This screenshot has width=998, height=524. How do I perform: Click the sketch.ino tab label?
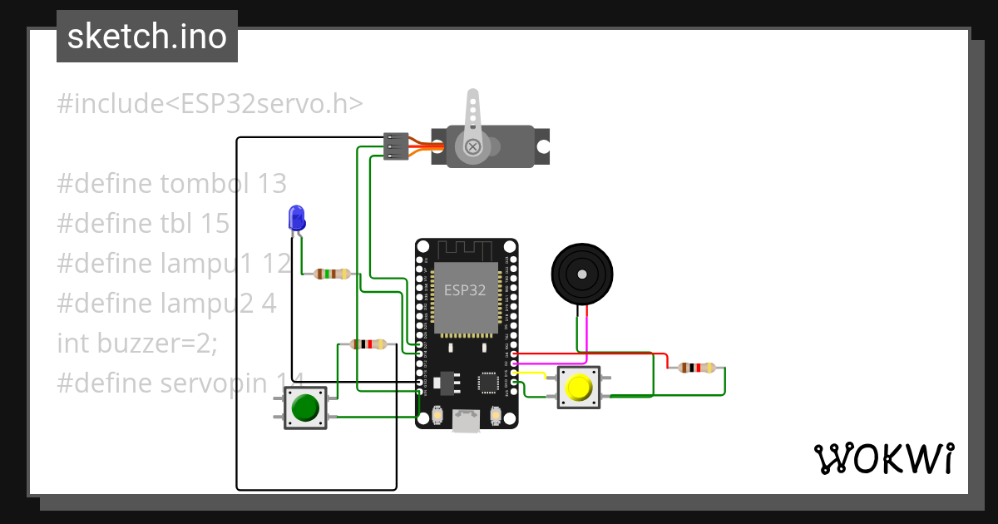146,37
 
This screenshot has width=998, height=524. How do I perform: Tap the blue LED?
296,218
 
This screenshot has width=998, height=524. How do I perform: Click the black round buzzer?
582,274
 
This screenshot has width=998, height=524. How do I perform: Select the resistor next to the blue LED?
333,274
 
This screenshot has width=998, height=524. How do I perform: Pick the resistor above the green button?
368,344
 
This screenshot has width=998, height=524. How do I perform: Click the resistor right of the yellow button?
696,368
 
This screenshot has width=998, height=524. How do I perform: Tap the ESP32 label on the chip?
465,290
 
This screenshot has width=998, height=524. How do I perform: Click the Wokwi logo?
883,458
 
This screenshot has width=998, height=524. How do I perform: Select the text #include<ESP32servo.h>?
210,104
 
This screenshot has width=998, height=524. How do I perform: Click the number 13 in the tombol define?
271,183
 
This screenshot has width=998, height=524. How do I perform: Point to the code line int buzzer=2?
137,342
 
